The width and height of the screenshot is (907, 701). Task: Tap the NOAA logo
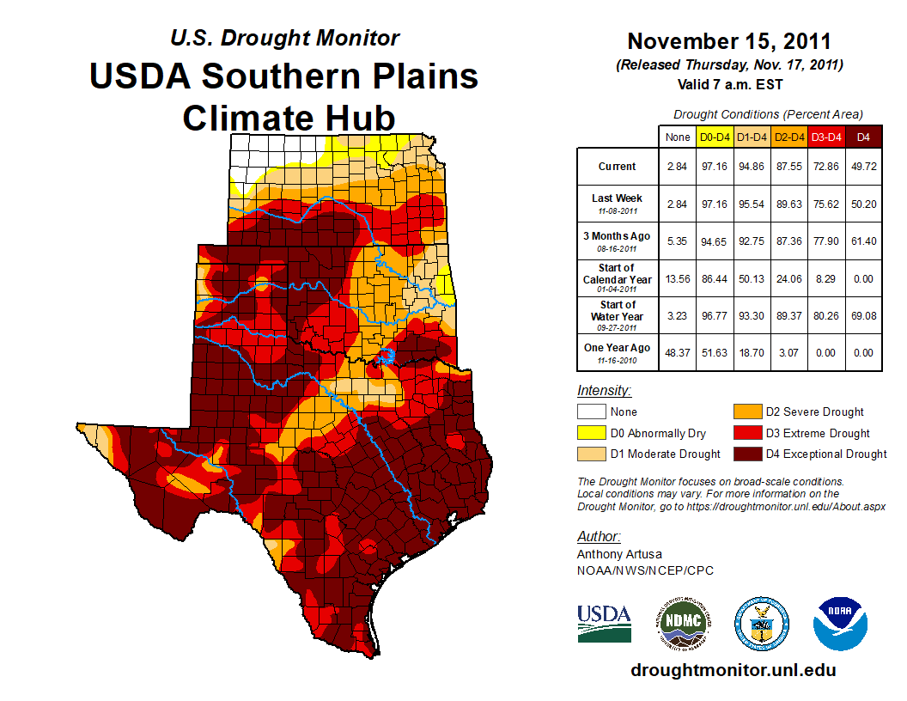pos(841,623)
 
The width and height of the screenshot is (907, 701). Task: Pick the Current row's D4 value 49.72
pos(863,167)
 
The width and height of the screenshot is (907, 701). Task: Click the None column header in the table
pos(677,137)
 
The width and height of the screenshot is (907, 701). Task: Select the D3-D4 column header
pos(825,137)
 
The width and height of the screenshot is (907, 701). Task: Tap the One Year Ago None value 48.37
pos(677,352)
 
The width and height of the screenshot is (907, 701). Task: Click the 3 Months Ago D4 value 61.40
pos(863,241)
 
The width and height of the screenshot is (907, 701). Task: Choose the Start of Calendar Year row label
pos(618,274)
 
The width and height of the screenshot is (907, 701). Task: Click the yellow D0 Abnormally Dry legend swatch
pos(590,433)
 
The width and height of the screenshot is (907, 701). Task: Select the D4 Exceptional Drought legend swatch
pos(746,454)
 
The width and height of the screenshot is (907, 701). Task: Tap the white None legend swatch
pos(590,411)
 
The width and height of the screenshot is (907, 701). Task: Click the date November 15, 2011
pos(729,40)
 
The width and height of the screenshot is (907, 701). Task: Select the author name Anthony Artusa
pos(619,554)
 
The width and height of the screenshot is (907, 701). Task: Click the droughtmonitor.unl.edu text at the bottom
pos(733,670)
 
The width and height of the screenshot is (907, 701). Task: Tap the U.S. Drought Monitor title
pos(285,38)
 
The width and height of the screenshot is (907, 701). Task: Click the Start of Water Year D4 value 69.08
pos(863,316)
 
